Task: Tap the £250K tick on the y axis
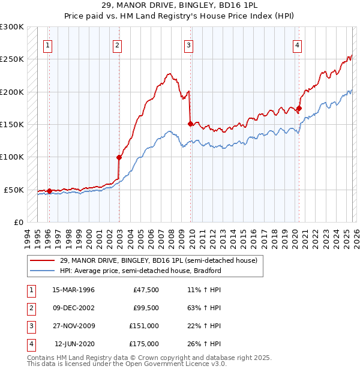coord(12,59)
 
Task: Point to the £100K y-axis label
coord(12,157)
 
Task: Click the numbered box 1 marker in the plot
coord(47,44)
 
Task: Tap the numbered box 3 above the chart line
coord(188,44)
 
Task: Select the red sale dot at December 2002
coord(119,157)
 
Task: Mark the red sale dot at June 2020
coord(299,109)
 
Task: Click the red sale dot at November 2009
coord(190,124)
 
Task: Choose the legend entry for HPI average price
coord(140,271)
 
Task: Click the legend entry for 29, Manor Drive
coord(158,260)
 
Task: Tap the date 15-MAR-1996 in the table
coord(73,290)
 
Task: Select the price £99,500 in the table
coord(145,308)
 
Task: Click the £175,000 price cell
coord(143,344)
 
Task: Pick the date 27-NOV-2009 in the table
coord(74,326)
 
